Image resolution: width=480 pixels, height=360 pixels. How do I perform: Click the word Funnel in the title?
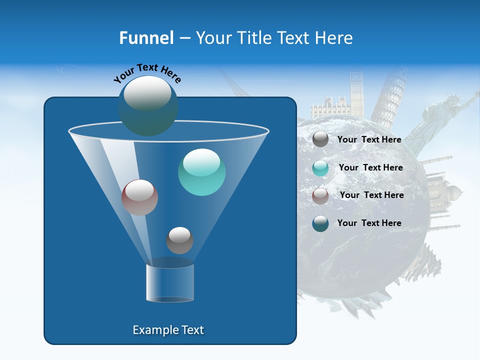(146, 38)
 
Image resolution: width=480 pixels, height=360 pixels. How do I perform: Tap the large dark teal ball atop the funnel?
(147, 105)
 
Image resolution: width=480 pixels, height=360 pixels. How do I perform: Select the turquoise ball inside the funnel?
(201, 172)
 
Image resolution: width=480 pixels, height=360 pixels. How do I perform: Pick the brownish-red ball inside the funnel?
(139, 197)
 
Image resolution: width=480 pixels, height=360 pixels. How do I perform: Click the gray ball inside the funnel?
(179, 240)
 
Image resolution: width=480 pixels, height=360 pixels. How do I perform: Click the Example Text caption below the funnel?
(168, 330)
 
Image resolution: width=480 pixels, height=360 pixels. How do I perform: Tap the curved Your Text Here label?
(147, 73)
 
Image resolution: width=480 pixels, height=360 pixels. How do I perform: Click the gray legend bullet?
(320, 139)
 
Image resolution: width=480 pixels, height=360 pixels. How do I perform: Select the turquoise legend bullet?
(320, 168)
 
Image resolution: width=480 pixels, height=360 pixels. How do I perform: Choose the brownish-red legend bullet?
(320, 196)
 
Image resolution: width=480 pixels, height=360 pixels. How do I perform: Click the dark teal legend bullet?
(320, 223)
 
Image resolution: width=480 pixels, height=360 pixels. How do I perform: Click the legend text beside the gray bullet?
(369, 140)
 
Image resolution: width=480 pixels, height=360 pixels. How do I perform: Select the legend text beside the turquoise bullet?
(370, 168)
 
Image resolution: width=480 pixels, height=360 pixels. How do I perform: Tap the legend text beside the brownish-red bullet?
(371, 195)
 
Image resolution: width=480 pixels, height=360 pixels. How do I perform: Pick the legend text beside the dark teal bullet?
(369, 223)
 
